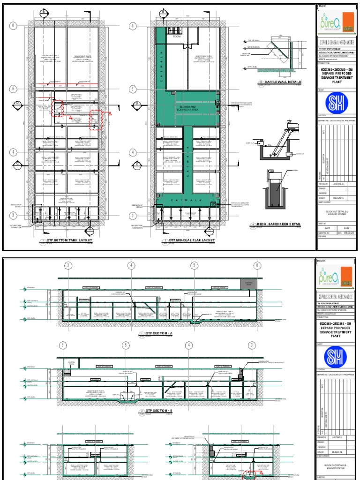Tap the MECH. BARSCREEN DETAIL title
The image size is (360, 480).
(277, 225)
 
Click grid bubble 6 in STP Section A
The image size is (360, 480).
(257, 266)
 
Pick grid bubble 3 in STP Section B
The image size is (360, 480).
(252, 345)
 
